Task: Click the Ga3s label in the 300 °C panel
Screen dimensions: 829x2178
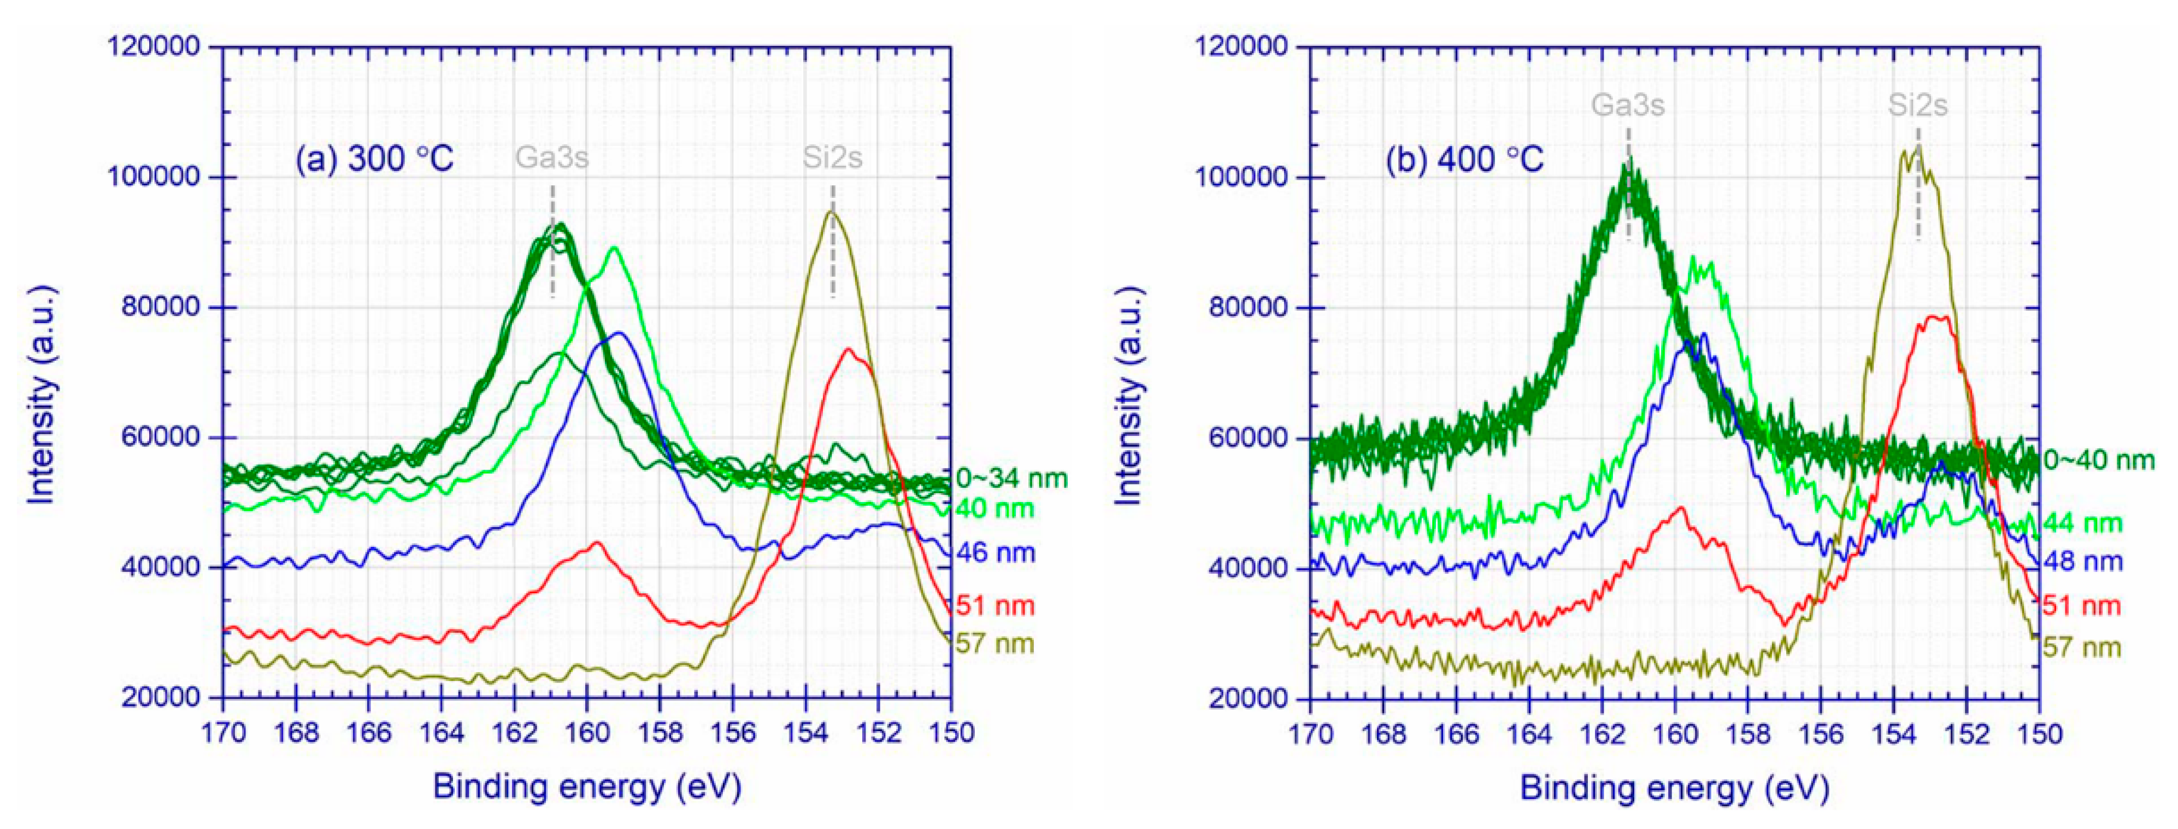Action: [552, 158]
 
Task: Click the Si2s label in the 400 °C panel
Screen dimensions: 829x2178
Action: [1917, 106]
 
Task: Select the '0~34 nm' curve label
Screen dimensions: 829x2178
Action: [1012, 479]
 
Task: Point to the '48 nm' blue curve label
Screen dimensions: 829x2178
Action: [2082, 561]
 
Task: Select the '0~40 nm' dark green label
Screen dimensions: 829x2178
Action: [2099, 460]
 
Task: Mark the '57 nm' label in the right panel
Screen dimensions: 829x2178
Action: [2082, 648]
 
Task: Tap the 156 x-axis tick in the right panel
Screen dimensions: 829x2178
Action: [1820, 733]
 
